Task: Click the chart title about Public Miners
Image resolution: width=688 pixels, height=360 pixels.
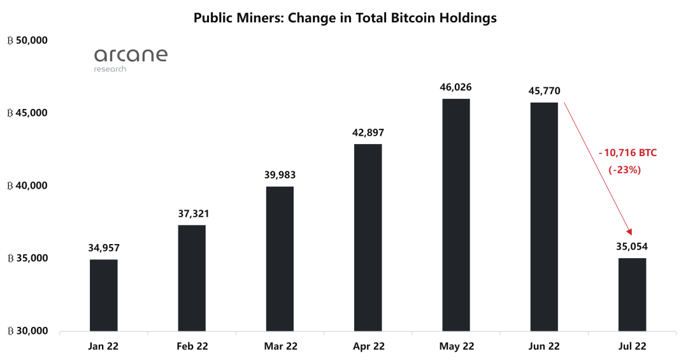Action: point(345,18)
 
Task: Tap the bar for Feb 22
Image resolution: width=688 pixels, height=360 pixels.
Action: point(192,278)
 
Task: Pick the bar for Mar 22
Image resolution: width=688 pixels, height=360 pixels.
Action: point(280,259)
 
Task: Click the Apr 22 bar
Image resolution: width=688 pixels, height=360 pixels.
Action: point(368,238)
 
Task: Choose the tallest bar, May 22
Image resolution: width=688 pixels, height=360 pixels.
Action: point(455,215)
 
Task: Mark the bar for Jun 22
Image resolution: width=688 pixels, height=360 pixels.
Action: point(543,217)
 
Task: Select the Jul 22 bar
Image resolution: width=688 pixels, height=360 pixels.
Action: point(631,294)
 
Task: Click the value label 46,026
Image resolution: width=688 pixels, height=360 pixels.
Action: point(455,87)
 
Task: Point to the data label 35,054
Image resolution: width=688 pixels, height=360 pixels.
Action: point(631,247)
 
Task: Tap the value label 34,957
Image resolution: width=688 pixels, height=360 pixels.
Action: point(104,248)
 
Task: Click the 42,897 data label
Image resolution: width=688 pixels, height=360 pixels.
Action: point(368,133)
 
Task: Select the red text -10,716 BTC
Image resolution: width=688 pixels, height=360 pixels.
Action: point(627,153)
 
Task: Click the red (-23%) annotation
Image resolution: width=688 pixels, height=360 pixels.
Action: point(624,170)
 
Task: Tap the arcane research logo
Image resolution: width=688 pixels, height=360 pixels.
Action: point(131,59)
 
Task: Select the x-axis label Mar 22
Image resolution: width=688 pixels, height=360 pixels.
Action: point(280,346)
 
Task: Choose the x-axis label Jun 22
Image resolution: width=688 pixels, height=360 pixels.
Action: point(543,346)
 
